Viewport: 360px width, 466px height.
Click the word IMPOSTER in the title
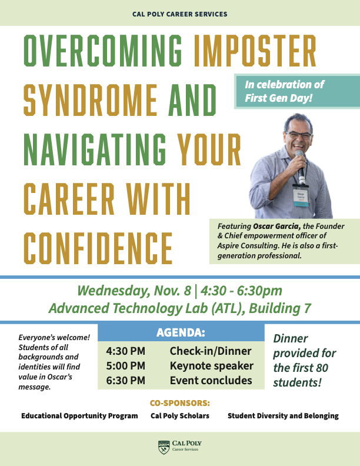(255, 51)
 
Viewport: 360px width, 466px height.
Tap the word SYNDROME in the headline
(91, 100)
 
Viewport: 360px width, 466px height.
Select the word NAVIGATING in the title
(95, 149)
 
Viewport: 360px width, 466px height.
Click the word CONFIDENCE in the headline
(98, 248)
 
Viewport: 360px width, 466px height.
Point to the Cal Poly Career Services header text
(179, 14)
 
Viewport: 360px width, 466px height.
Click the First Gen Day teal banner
(297, 91)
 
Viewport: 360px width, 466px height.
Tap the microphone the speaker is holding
(301, 167)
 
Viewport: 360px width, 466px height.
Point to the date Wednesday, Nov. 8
(134, 291)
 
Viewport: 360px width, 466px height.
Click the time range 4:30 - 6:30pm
(241, 291)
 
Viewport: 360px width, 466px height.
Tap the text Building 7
(280, 308)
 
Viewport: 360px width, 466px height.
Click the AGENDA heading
(181, 332)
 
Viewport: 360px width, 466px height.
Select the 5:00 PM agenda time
(126, 365)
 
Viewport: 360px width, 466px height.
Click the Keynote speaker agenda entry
(212, 366)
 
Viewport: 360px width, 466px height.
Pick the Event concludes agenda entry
(211, 381)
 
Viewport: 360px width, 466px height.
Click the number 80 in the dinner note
(322, 368)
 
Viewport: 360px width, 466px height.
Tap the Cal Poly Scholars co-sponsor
(180, 415)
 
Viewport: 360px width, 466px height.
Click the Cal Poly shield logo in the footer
(164, 447)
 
